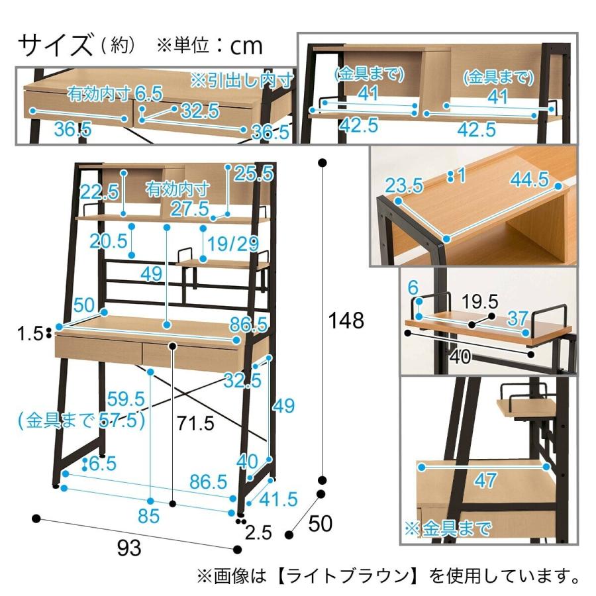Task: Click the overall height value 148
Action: [x=347, y=321]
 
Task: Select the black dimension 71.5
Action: [x=197, y=422]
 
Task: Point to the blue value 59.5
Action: [x=126, y=399]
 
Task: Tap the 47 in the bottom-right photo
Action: [x=485, y=480]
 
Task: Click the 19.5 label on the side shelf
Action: [x=480, y=302]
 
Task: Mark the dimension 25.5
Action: [x=254, y=174]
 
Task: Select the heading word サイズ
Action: [x=54, y=45]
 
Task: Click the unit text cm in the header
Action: [x=246, y=46]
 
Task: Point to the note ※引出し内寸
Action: [x=241, y=80]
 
